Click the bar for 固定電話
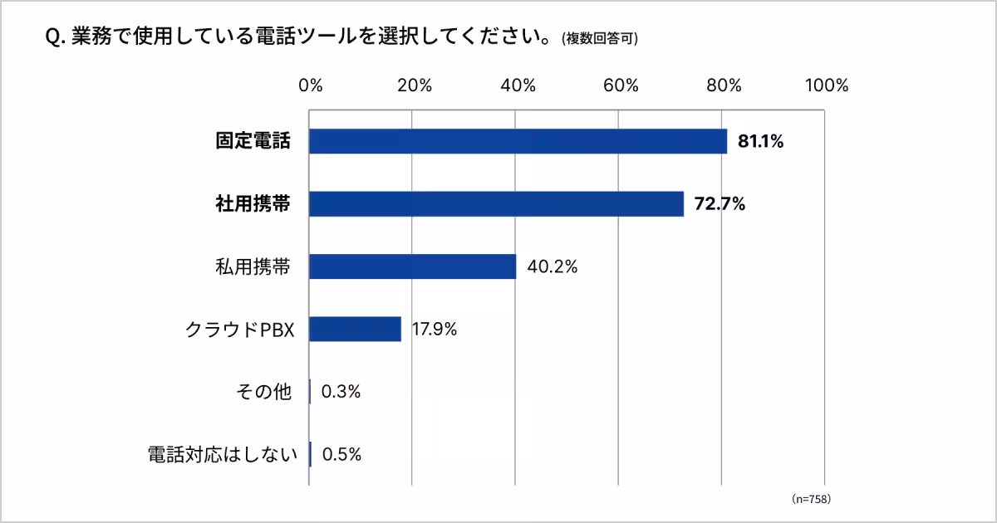[x=518, y=141]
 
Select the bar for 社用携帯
[x=496, y=204]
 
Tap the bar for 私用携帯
[x=412, y=266]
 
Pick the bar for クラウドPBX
[x=355, y=329]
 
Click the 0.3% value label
[x=341, y=392]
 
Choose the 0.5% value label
[x=341, y=454]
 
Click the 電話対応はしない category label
[x=222, y=454]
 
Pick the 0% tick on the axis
[x=311, y=86]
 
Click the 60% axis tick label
[x=621, y=86]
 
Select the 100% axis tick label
[x=826, y=86]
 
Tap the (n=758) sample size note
[x=811, y=499]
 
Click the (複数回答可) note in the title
[x=600, y=39]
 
